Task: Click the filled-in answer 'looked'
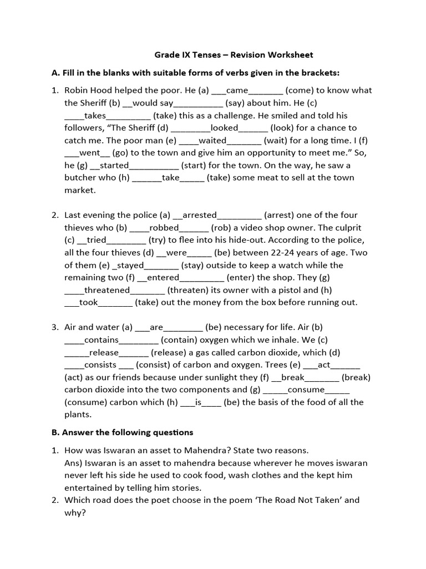click(x=224, y=128)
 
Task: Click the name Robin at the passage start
click(x=77, y=91)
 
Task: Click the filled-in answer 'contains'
click(x=102, y=340)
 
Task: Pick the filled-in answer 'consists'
click(x=100, y=365)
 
